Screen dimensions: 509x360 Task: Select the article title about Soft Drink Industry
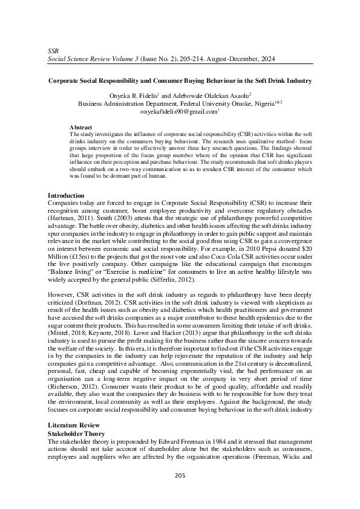click(180, 80)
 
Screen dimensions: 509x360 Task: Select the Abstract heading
click(81, 127)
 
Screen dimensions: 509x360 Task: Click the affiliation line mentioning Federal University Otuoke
click(180, 103)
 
